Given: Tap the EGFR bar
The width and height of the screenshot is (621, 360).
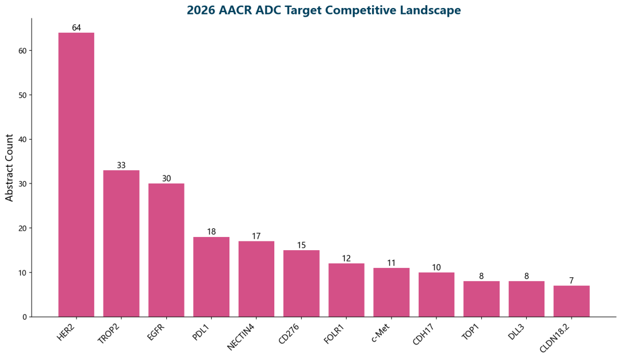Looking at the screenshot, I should coord(166,250).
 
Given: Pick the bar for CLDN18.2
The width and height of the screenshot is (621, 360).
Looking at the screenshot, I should coord(572,301).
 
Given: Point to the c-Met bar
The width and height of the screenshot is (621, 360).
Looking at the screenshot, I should coord(391,292).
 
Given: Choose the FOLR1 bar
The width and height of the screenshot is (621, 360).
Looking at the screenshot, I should coord(346,290).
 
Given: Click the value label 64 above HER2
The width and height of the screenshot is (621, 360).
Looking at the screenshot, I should coord(76,28).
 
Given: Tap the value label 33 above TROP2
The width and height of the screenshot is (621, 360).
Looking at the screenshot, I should coord(121,166).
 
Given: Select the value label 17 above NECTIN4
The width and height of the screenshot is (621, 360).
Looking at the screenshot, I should coord(256,236).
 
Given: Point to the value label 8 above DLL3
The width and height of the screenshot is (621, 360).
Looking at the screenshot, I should coord(526,276).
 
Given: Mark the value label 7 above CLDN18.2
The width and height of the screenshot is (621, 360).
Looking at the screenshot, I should coord(572,281).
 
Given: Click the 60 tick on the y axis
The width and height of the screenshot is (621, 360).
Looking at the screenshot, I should coord(22,51).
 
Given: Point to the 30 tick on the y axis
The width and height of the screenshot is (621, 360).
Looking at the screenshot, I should coord(22,183).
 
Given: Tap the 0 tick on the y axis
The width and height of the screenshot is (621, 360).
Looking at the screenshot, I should coord(25,317).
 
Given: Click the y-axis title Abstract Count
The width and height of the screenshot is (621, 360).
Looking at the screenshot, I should coord(9,167).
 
